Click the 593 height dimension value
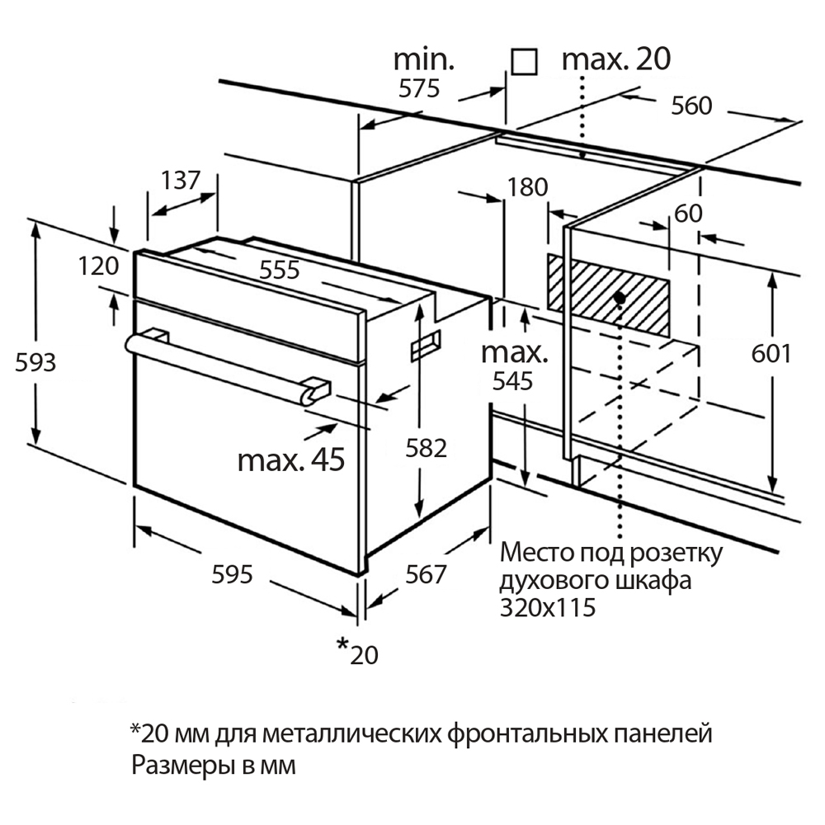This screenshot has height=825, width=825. pyautogui.click(x=36, y=361)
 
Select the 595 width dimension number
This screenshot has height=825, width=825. pyautogui.click(x=231, y=574)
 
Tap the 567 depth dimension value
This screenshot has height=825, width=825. pyautogui.click(x=426, y=574)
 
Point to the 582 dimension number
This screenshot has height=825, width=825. pyautogui.click(x=427, y=448)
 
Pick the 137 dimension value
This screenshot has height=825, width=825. pyautogui.click(x=181, y=180)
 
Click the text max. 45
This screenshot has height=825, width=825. pyautogui.click(x=290, y=460)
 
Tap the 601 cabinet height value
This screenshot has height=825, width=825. pyautogui.click(x=772, y=353)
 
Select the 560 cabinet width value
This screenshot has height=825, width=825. pyautogui.click(x=691, y=106)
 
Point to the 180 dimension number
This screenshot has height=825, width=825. pyautogui.click(x=528, y=187)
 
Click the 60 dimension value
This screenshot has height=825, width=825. pyautogui.click(x=687, y=213)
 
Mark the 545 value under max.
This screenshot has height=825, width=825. pyautogui.click(x=512, y=380)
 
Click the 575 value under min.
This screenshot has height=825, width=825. pyautogui.click(x=419, y=88)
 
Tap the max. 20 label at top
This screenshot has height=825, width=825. pyautogui.click(x=615, y=59)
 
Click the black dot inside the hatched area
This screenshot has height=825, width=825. pyautogui.click(x=619, y=295)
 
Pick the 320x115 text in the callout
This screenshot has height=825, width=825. pyautogui.click(x=548, y=608)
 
